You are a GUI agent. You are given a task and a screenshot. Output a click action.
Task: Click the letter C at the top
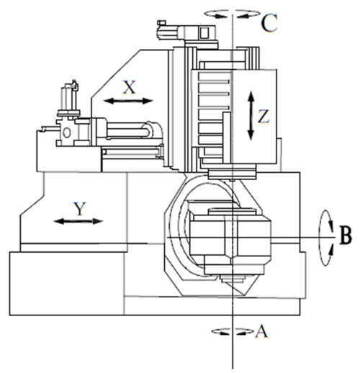[269, 23]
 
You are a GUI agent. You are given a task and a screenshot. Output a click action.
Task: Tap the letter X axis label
[130, 87]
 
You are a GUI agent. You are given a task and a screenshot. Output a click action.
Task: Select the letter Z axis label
[264, 117]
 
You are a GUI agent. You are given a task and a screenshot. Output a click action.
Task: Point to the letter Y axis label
[80, 209]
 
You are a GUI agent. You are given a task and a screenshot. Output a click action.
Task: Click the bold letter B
[346, 235]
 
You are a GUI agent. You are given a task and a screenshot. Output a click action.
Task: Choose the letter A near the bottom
[261, 331]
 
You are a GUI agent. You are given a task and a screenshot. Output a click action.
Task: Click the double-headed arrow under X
[128, 101]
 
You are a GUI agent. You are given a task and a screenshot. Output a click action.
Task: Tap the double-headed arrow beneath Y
[78, 221]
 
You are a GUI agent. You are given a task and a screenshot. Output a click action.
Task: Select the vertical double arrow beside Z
[251, 116]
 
